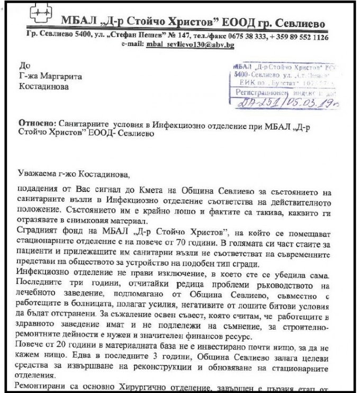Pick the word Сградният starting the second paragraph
39,218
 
